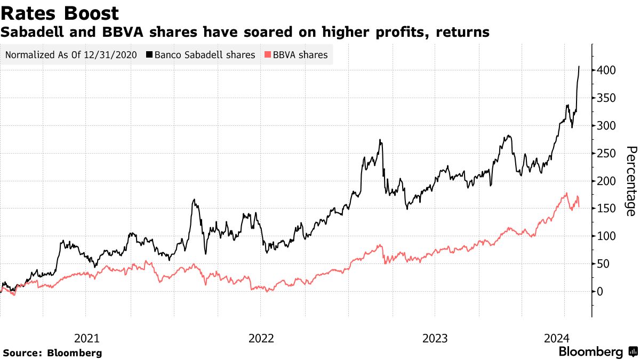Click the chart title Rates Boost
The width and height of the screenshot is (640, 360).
point(60,13)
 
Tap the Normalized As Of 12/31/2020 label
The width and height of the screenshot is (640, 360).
point(71,55)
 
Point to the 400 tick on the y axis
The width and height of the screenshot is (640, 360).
point(607,70)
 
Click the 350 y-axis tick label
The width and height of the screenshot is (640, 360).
point(607,98)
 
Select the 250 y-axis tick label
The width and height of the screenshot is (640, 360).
point(607,154)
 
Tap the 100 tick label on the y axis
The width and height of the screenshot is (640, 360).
point(607,236)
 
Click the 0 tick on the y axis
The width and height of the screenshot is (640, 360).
point(601,292)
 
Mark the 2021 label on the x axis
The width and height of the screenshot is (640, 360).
point(86,338)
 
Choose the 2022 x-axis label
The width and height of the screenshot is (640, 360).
point(261,338)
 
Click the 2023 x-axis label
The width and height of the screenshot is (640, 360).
point(435,338)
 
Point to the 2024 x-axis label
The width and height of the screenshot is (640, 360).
point(556,338)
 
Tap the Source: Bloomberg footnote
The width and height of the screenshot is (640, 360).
point(52,353)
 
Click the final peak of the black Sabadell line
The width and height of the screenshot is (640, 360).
point(579,67)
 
